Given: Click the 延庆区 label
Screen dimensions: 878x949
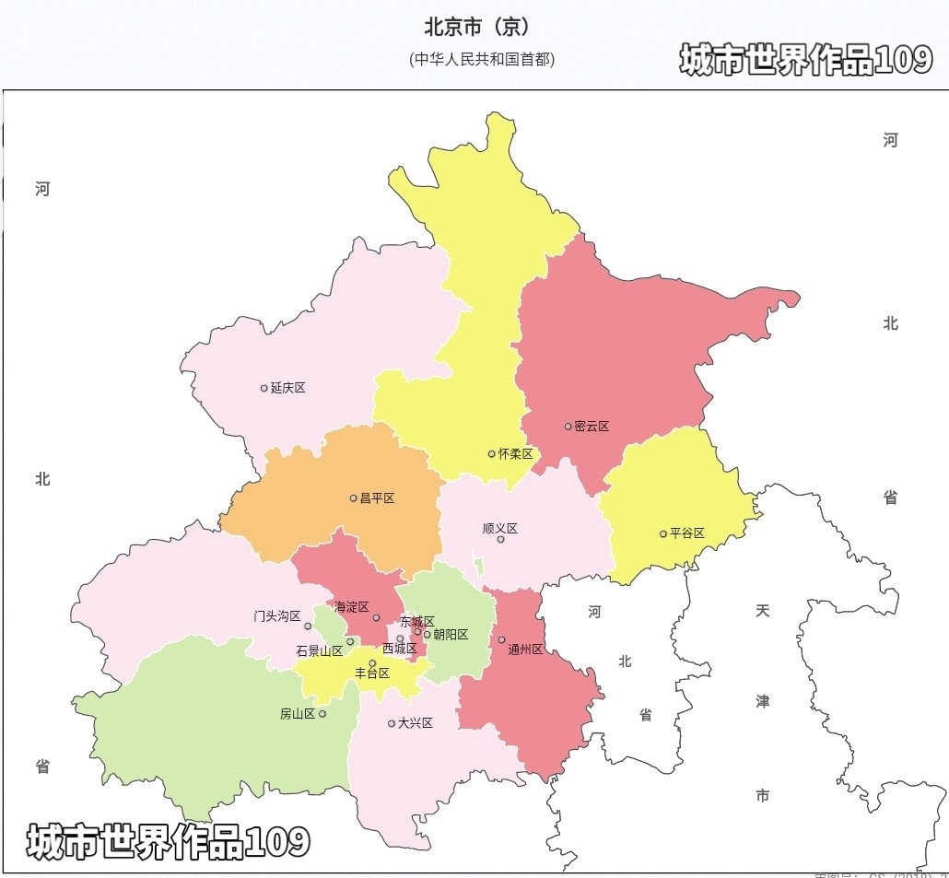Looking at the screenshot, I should [x=287, y=388].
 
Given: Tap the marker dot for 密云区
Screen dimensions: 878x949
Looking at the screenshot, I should [x=568, y=427].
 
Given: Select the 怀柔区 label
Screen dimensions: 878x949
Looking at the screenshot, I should [x=515, y=454].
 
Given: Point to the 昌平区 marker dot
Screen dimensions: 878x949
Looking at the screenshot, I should [x=353, y=498].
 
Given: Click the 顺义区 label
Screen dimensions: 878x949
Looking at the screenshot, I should [x=500, y=529].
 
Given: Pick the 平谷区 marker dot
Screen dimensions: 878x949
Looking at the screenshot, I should [x=662, y=533].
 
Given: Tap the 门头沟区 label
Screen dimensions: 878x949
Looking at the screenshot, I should [x=277, y=615].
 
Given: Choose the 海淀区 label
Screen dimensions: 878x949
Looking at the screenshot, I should [x=351, y=607].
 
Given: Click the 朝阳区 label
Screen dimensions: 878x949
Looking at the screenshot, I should [x=451, y=635].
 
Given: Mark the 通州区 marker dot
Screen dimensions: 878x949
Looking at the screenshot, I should [x=501, y=639].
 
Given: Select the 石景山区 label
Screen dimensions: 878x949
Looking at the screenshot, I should [x=319, y=650].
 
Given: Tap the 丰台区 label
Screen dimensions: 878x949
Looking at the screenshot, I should [x=372, y=673].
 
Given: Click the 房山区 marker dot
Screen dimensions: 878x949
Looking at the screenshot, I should [x=322, y=713].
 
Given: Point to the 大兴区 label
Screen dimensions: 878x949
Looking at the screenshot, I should [x=415, y=723].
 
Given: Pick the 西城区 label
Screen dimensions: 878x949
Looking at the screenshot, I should [x=399, y=649].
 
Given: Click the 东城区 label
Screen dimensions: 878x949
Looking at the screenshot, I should [x=416, y=622].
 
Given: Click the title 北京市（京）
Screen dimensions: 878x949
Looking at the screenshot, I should [x=476, y=26].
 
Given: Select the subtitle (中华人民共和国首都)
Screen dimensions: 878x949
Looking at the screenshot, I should [x=482, y=59].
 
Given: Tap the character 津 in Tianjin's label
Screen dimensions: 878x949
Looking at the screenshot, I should [x=763, y=701].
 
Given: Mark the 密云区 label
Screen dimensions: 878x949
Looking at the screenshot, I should [x=592, y=427].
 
